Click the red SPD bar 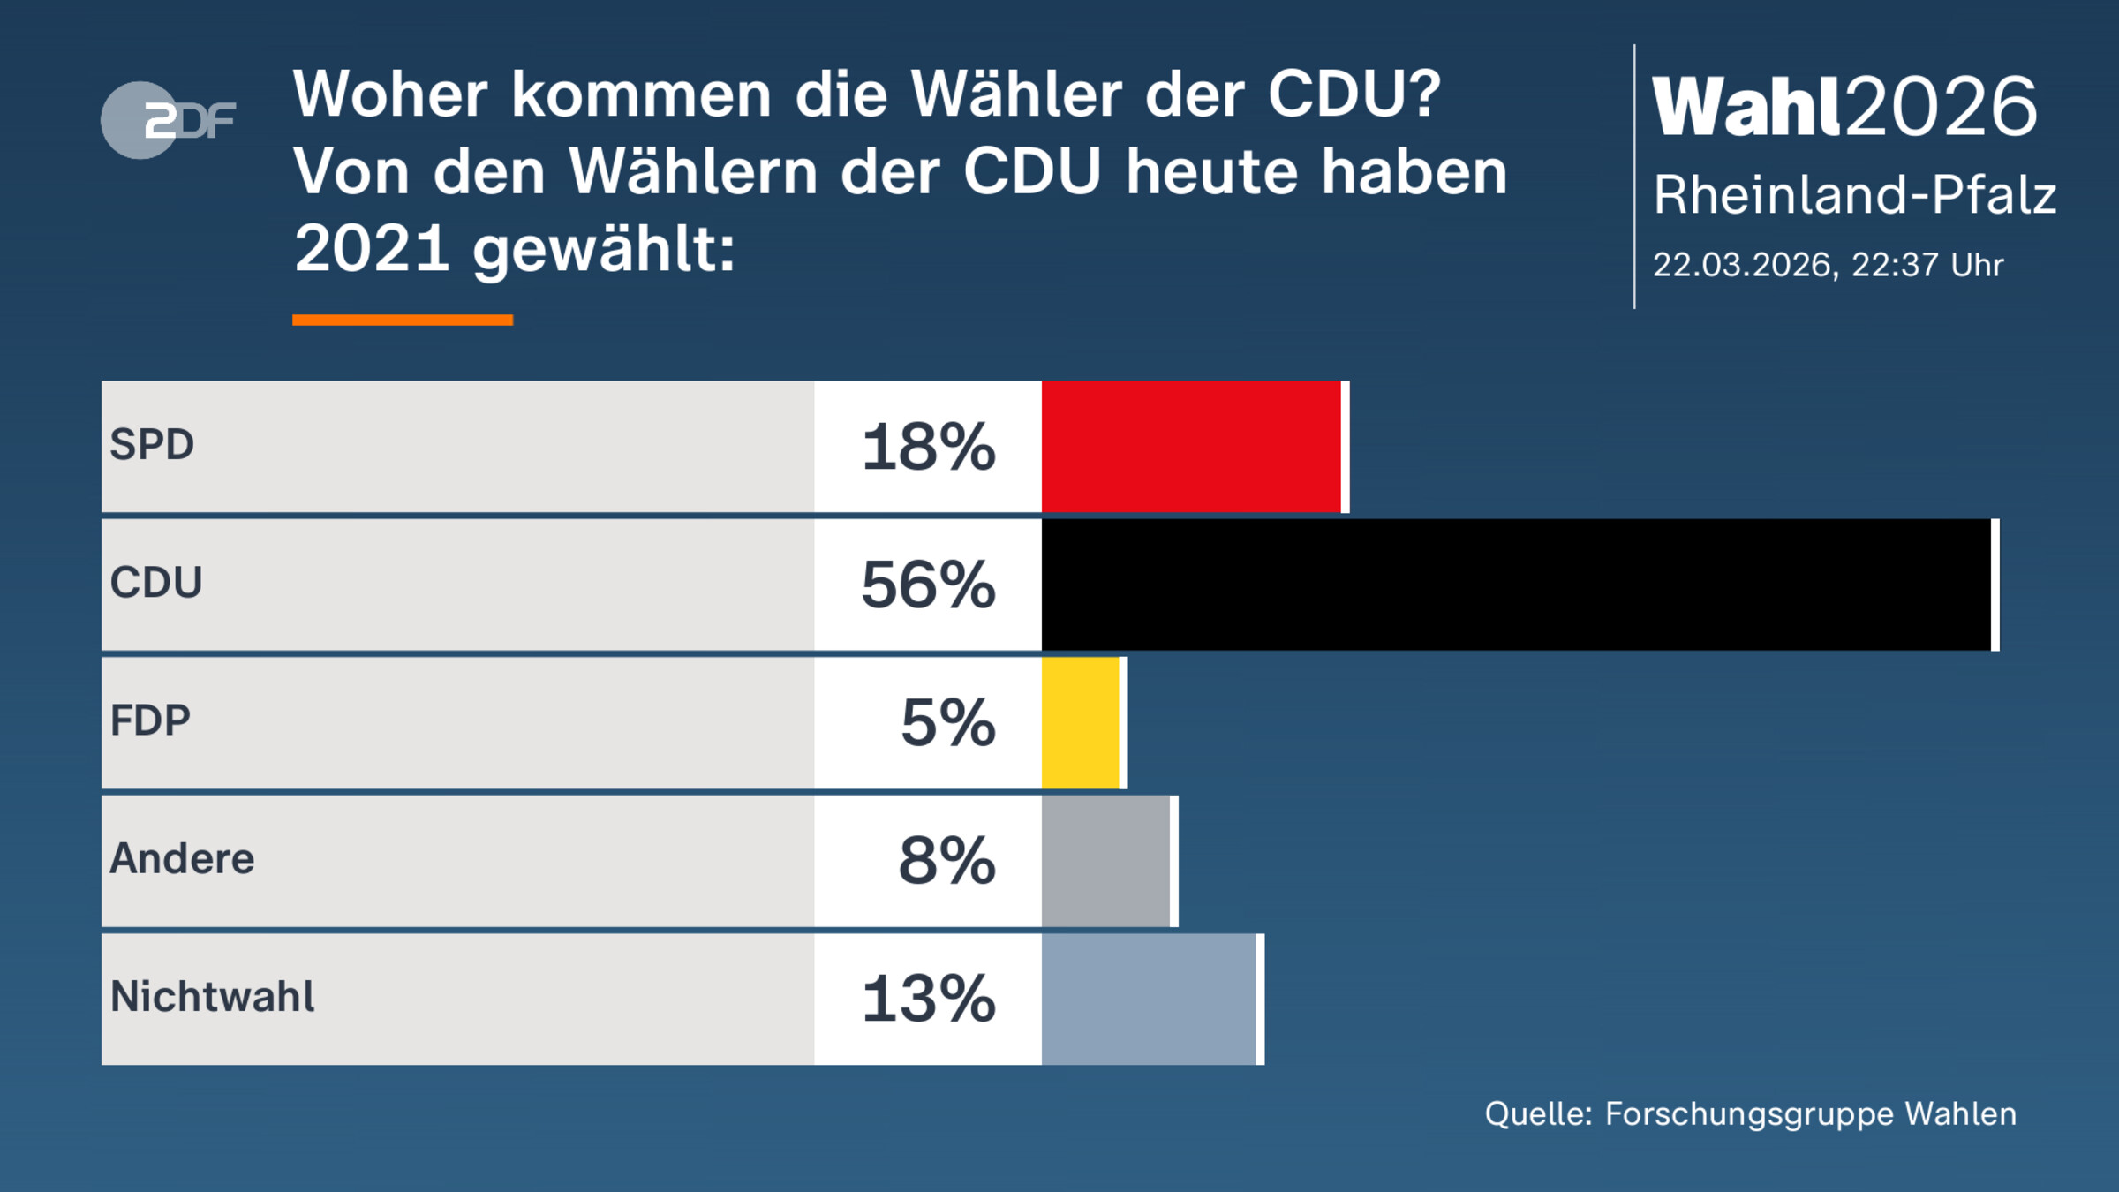pyautogui.click(x=1191, y=446)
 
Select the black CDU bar pyautogui.click(x=1516, y=585)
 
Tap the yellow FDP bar pyautogui.click(x=1080, y=722)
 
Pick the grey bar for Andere pyautogui.click(x=1105, y=861)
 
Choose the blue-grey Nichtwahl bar pyautogui.click(x=1148, y=999)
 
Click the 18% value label pyautogui.click(x=928, y=447)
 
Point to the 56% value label pyautogui.click(x=928, y=585)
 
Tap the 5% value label pyautogui.click(x=947, y=722)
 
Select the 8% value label pyautogui.click(x=946, y=861)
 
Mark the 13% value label pyautogui.click(x=928, y=999)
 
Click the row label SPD pyautogui.click(x=152, y=444)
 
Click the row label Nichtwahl pyautogui.click(x=212, y=997)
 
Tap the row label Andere pyautogui.click(x=182, y=858)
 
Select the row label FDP pyautogui.click(x=150, y=720)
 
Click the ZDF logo pyautogui.click(x=168, y=120)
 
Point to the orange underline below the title pyautogui.click(x=403, y=320)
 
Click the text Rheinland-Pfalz pyautogui.click(x=1854, y=195)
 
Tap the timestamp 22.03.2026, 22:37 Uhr pyautogui.click(x=1828, y=265)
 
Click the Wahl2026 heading pyautogui.click(x=1844, y=107)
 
